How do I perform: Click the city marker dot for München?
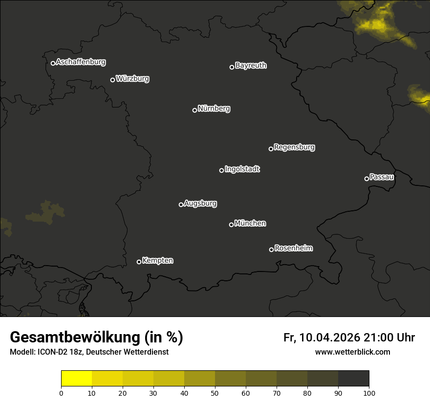pos(231,225)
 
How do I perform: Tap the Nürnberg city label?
pos(214,109)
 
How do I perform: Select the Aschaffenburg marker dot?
pos(53,63)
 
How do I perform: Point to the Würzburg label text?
pos(132,79)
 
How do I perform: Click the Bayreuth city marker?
pos(232,67)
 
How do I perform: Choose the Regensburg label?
pos(294,147)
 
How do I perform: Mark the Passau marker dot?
pos(366,179)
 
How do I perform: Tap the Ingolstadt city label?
pos(242,169)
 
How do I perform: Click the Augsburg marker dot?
pos(181,204)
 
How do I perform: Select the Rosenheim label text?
pos(293,248)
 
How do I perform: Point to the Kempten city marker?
pos(139,262)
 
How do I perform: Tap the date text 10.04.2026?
pos(330,338)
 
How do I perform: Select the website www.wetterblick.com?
pos(352,352)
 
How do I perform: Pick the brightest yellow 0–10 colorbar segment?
pos(76,379)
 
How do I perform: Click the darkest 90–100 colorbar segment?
pos(353,379)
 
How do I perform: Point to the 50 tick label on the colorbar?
pos(215,393)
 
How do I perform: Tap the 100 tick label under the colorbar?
pos(369,393)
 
